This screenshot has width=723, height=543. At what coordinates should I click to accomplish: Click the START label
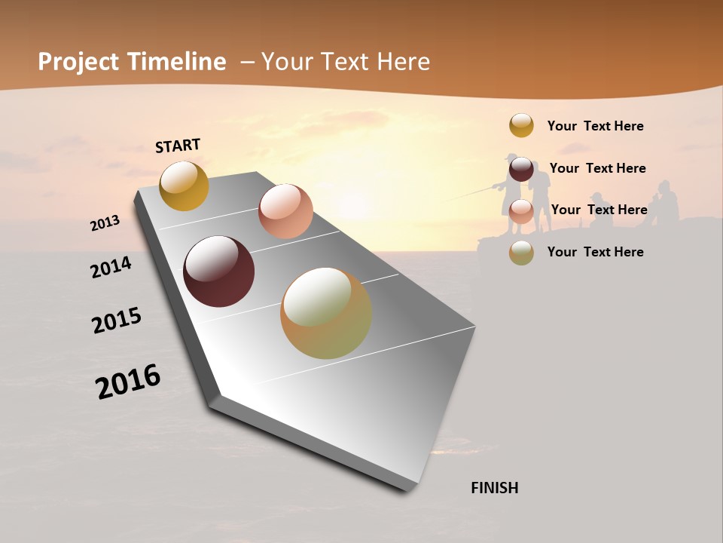point(178,146)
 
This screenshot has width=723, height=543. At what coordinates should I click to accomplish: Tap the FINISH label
point(494,488)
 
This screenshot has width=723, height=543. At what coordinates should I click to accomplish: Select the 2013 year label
point(105,223)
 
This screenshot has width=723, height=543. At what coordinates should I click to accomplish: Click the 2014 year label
point(111,268)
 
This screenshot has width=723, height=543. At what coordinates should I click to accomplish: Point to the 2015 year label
point(117,321)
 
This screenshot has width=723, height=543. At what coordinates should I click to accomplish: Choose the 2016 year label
point(128,381)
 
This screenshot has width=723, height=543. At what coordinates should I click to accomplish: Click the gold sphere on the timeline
point(184,186)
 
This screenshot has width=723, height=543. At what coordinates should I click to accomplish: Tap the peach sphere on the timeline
point(285,211)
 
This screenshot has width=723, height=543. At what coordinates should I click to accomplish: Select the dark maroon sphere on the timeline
point(218,271)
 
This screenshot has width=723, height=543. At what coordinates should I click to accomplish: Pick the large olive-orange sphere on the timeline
point(325,313)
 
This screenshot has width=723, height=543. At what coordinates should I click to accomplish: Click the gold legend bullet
point(521,125)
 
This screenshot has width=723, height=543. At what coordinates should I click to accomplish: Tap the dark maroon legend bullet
point(521,169)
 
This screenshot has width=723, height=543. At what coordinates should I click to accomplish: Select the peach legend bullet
point(521,211)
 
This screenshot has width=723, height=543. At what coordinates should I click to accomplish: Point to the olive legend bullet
point(521,253)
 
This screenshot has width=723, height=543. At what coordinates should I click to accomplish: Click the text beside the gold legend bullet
point(595,126)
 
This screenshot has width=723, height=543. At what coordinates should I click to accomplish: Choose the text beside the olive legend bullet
point(595,252)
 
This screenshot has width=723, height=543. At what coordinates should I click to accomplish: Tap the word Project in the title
point(79,62)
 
